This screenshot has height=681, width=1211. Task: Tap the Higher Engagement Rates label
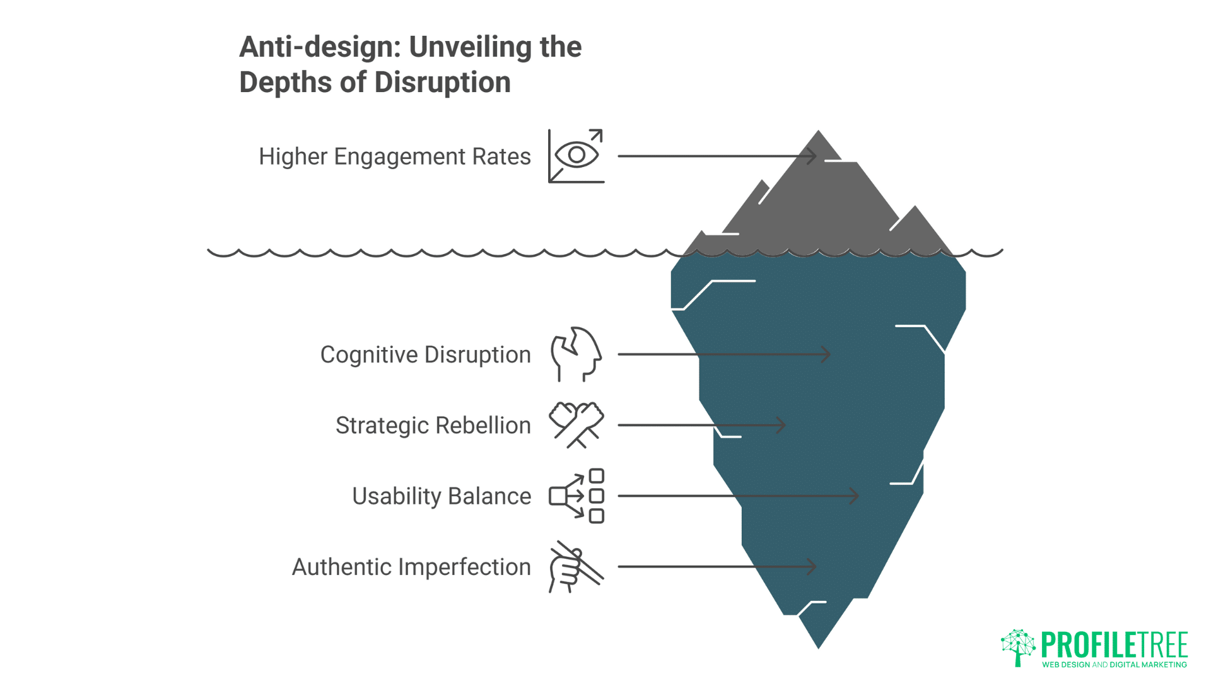pyautogui.click(x=394, y=156)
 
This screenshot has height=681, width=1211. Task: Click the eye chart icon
pyautogui.click(x=576, y=156)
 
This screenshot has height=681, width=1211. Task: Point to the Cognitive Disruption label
pyautogui.click(x=425, y=354)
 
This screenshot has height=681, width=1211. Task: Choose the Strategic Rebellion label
pyautogui.click(x=433, y=425)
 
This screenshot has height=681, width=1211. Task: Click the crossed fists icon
pyautogui.click(x=576, y=425)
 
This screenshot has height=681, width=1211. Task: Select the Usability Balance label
pyautogui.click(x=442, y=496)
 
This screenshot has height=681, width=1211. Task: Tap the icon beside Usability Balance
pyautogui.click(x=576, y=496)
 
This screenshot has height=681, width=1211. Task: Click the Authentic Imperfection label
pyautogui.click(x=411, y=567)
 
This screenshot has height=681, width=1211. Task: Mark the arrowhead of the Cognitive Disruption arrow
pyautogui.click(x=828, y=354)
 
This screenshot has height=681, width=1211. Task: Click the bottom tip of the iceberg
pyautogui.click(x=818, y=645)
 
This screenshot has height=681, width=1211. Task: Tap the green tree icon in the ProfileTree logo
pyautogui.click(x=1018, y=647)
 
